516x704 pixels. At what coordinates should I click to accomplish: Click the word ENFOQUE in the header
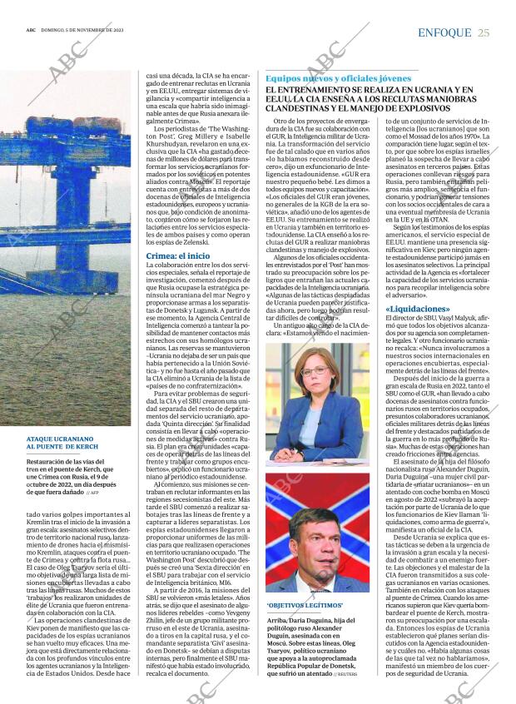coord(444,32)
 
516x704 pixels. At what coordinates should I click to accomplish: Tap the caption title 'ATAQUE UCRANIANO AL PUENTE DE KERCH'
coord(63,443)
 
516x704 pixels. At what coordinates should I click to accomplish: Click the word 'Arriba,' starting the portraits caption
coord(277,621)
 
